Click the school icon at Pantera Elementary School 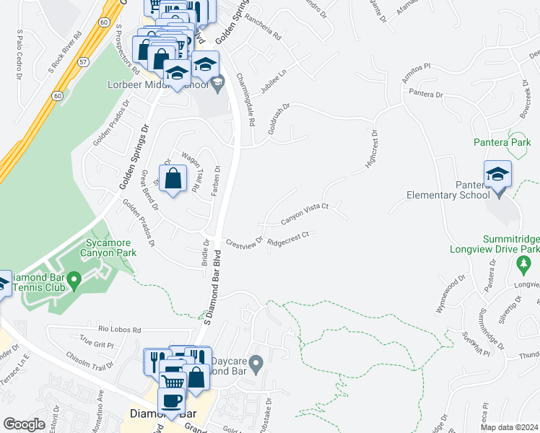pyautogui.click(x=498, y=175)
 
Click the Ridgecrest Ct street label pyautogui.click(x=288, y=237)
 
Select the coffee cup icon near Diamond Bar pyautogui.click(x=171, y=399)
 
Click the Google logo pyautogui.click(x=24, y=424)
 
